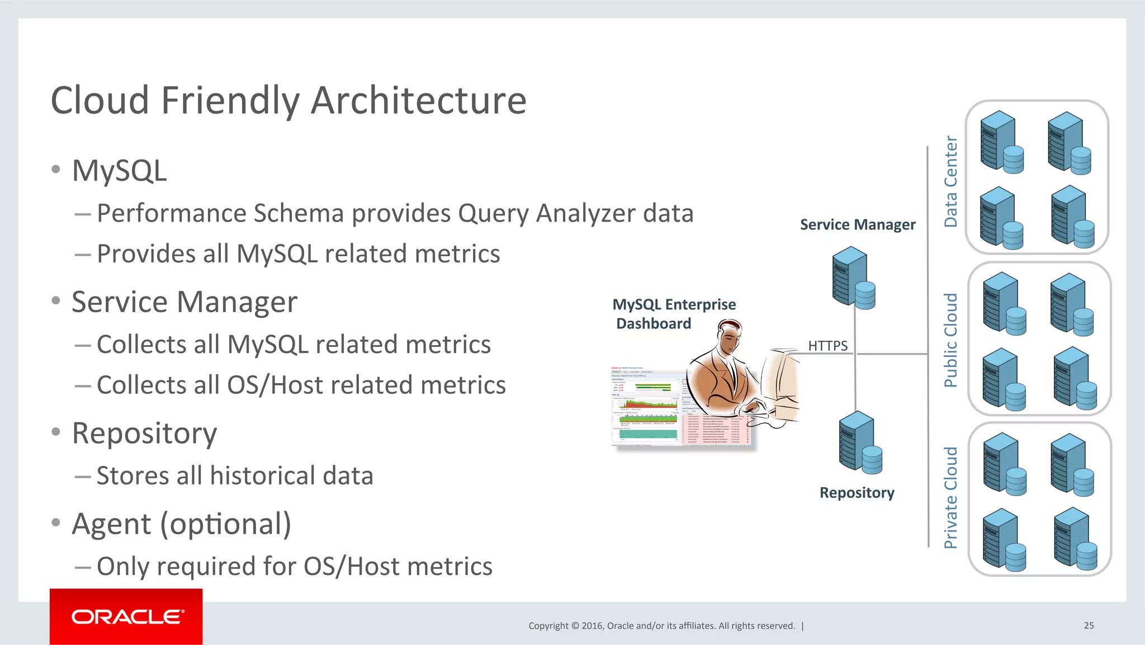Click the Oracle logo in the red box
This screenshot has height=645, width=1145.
[126, 616]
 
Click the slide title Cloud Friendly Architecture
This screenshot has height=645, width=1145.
[288, 101]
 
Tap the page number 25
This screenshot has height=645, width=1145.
[1089, 625]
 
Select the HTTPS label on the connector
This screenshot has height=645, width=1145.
[827, 346]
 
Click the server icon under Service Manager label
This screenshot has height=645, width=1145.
[853, 278]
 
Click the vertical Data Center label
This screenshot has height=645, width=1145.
[950, 181]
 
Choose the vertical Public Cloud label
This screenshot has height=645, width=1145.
[950, 340]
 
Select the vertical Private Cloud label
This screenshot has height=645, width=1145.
[950, 497]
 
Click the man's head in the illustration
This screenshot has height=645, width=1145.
[729, 336]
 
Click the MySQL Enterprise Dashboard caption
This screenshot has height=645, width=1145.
[674, 314]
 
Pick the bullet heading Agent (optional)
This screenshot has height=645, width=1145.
[182, 524]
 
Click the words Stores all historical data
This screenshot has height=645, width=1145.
[235, 475]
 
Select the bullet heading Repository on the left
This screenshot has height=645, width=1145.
[144, 433]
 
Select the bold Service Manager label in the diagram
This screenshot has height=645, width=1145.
[857, 224]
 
